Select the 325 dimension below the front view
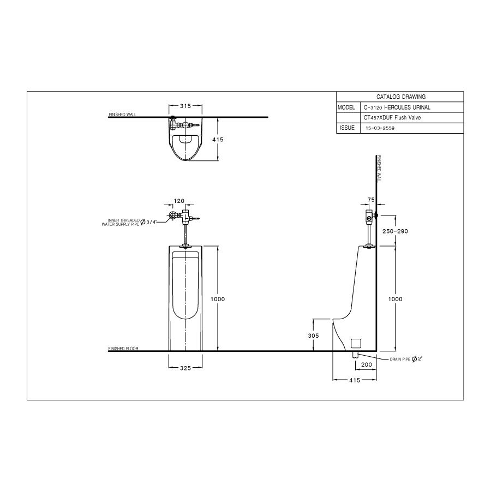pos(185,369)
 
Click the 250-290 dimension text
pos(395,231)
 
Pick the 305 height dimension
pos(313,336)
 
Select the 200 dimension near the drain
pos(367,364)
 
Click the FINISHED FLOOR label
pos(123,348)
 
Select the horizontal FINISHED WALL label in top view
pos(123,115)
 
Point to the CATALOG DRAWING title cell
pos(401,96)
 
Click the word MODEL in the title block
pos(346,107)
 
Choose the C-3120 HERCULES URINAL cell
pos(397,107)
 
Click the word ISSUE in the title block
pos(347,128)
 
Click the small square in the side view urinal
pos(357,343)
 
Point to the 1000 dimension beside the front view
pos(218,299)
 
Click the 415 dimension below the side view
pos(355,381)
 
